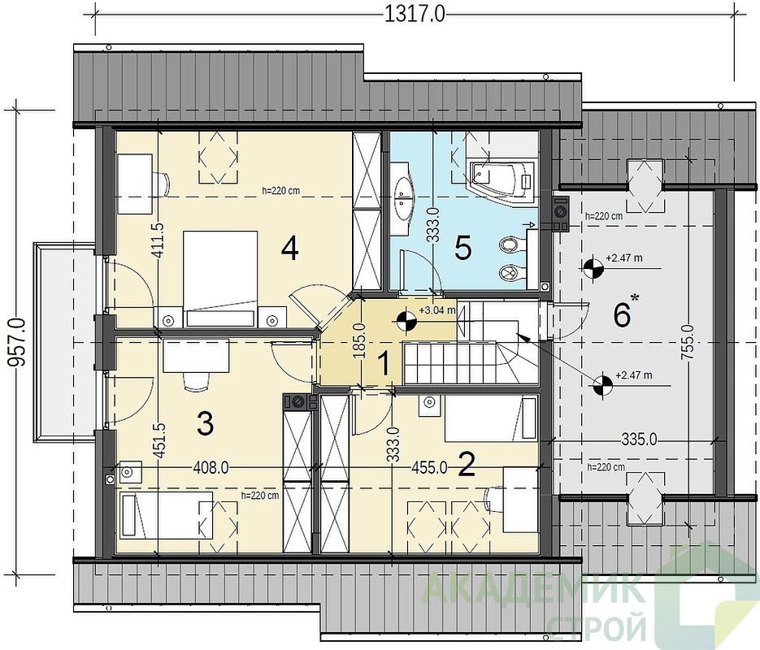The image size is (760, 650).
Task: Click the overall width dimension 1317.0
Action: click(x=415, y=14)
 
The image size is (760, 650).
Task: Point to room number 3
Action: click(x=205, y=424)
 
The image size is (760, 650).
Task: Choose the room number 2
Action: click(x=467, y=465)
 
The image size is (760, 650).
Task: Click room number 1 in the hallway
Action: click(x=384, y=363)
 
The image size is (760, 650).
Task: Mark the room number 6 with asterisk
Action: click(x=626, y=313)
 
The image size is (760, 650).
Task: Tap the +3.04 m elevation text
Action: click(x=437, y=310)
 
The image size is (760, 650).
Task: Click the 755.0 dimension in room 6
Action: click(x=690, y=342)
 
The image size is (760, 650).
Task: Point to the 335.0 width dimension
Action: click(x=640, y=440)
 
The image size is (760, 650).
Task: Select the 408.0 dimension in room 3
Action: click(x=211, y=468)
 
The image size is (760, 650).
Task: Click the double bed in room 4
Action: click(x=220, y=278)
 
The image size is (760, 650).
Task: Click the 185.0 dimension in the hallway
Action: click(x=359, y=341)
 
